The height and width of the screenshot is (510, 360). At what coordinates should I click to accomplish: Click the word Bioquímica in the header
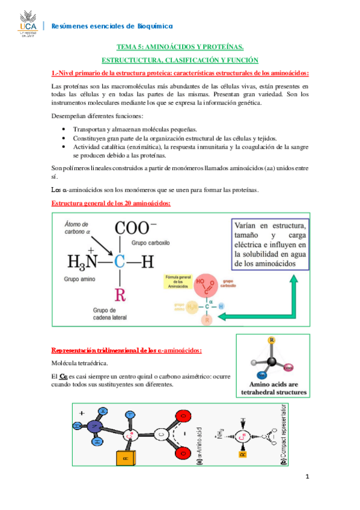pyautogui.click(x=154, y=26)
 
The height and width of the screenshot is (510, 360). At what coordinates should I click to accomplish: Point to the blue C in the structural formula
pyautogui.click(x=120, y=262)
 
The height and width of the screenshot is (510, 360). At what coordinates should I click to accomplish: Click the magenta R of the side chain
pyautogui.click(x=120, y=295)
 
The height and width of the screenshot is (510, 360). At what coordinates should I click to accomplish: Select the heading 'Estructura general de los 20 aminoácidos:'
pyautogui.click(x=111, y=203)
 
